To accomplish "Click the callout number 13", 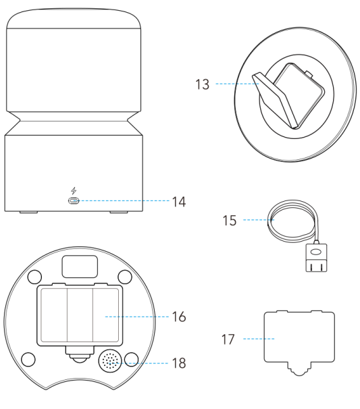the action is [203, 84].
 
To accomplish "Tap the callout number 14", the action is [179, 202].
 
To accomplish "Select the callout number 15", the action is [230, 221].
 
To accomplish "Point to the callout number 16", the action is [179, 317].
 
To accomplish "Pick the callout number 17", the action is [228, 339].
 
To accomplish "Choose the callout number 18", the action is [179, 363].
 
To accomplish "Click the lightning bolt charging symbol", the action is [74, 191].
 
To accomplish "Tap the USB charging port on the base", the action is [74, 201].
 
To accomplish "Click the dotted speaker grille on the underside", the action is [110, 361].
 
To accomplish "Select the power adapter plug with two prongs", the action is [316, 258].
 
